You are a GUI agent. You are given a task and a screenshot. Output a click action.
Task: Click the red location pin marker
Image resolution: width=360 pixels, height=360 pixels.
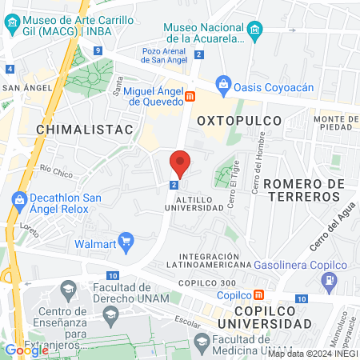pyautogui.click(x=180, y=163)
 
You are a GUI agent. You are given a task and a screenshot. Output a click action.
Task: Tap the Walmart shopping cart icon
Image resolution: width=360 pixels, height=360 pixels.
pyautogui.click(x=125, y=241)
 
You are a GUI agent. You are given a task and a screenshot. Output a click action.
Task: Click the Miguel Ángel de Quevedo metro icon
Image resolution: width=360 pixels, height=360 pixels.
pyautogui.click(x=190, y=97)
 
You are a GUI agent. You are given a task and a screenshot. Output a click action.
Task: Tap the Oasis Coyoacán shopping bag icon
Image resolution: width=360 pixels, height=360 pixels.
pyautogui.click(x=224, y=84)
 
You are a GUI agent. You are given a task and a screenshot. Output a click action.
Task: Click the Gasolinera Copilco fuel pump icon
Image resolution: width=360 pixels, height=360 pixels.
pyautogui.click(x=328, y=279)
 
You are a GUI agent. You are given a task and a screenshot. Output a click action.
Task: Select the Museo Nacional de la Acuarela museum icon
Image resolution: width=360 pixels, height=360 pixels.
pyautogui.click(x=254, y=31)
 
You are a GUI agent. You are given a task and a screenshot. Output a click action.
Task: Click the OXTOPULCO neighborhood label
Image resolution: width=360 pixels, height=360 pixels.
pyautogui.click(x=239, y=121)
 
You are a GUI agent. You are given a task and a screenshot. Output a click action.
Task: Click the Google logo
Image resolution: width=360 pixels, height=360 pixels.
pyautogui.click(x=26, y=350)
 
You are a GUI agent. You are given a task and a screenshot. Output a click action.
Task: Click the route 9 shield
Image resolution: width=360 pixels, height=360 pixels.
pyautogui.click(x=96, y=50)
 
